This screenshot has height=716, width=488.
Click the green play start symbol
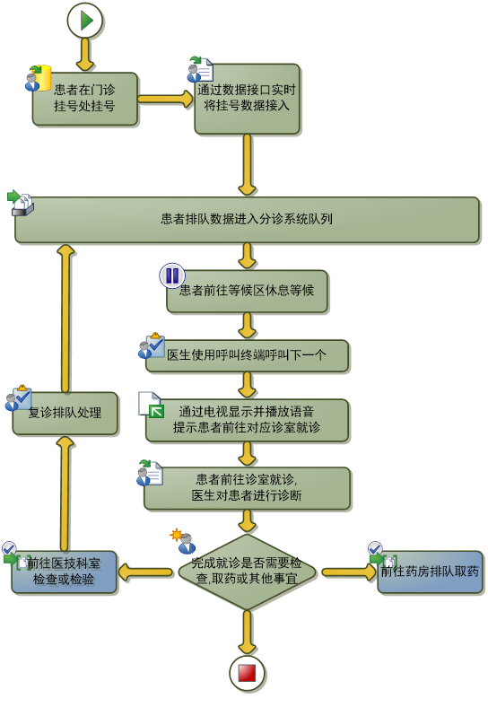[85, 21]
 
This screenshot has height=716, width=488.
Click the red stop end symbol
[247, 674]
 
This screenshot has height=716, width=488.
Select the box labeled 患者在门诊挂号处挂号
[85, 98]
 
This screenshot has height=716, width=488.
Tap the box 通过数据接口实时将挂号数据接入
[247, 99]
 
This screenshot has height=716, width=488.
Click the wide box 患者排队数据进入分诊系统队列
[247, 220]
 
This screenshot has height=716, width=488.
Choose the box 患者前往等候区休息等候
[247, 291]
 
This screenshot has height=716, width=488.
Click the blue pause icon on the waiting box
[171, 275]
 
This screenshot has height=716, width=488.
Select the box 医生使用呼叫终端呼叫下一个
[247, 355]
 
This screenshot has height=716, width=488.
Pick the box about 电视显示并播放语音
[247, 420]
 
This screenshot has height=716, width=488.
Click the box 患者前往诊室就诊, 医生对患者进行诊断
[247, 488]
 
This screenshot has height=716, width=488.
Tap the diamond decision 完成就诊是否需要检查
[247, 572]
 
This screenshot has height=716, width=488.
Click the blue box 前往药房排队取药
[430, 572]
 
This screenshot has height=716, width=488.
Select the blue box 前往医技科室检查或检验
[64, 572]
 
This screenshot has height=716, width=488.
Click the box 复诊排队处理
[65, 413]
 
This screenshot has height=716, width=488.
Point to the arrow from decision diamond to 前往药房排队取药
[348, 572]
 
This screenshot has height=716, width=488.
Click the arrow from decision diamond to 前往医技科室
[145, 572]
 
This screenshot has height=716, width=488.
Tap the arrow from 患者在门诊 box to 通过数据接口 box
[166, 99]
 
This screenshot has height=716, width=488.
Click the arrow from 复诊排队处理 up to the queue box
[66, 318]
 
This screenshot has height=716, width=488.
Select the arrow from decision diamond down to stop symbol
[247, 633]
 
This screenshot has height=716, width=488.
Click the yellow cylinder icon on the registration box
[42, 78]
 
